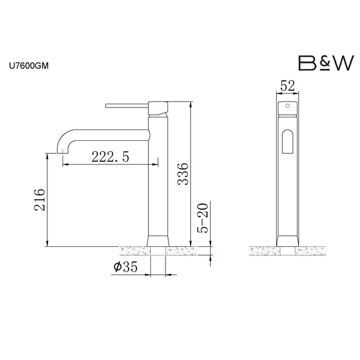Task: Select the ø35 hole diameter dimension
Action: coord(126,267)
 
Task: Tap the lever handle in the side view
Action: coord(126,103)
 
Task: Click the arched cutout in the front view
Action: coord(287,142)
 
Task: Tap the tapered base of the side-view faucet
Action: coord(158,240)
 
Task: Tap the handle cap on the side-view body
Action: coord(158,107)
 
